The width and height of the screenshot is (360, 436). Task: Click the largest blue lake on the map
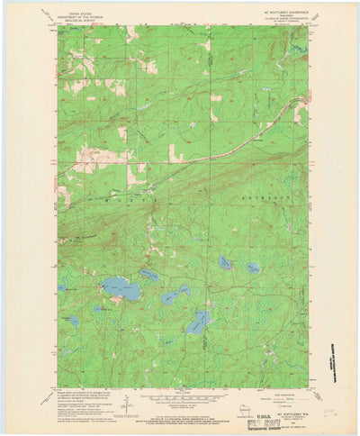(x=120, y=289)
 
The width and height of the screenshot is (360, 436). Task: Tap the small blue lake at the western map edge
(x=61, y=288)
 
